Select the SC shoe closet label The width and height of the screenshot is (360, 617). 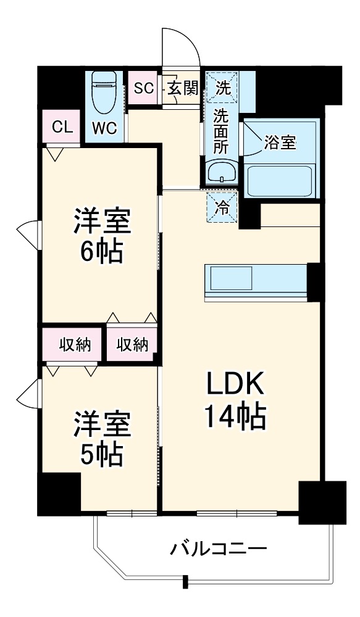click(x=143, y=88)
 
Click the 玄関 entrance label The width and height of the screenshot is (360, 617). click(x=182, y=88)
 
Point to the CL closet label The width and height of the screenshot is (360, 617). click(x=62, y=127)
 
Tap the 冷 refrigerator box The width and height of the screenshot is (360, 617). click(x=222, y=208)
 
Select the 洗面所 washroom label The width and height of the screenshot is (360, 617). click(x=222, y=131)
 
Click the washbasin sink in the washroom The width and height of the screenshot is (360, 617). click(x=222, y=171)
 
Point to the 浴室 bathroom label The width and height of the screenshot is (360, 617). click(x=280, y=143)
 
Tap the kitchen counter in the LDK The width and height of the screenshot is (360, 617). click(x=256, y=283)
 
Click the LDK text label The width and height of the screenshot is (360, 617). click(x=235, y=385)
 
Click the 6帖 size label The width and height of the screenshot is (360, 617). click(x=102, y=251)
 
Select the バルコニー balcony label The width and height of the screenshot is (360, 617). click(x=219, y=548)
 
